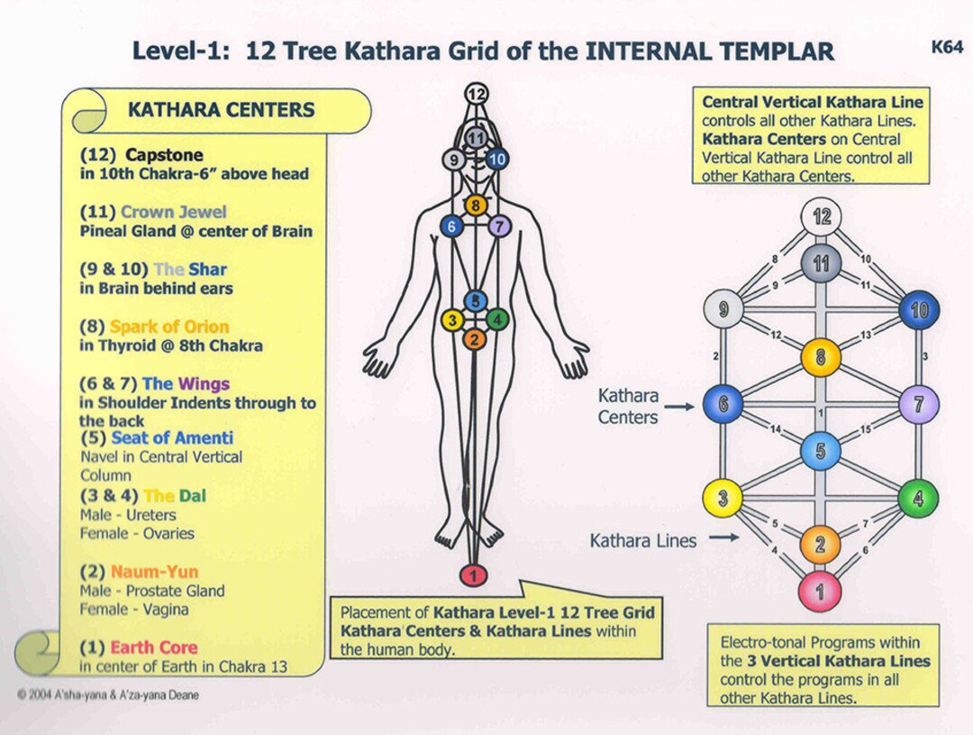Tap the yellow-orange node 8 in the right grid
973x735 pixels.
coord(821,357)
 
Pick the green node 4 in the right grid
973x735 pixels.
coord(918,499)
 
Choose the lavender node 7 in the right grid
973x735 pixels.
coord(918,404)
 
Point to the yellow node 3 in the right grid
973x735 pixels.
coord(723,499)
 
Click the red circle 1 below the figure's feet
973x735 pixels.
coord(474,574)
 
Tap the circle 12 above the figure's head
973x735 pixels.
coord(477,92)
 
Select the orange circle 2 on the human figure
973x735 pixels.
coord(474,339)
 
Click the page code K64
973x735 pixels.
coord(947,47)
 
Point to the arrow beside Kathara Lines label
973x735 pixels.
coord(723,540)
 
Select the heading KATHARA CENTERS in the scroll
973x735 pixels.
coord(221,110)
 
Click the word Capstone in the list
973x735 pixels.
coord(164,155)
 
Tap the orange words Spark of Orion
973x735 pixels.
coord(169,326)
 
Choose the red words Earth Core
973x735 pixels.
coord(153,648)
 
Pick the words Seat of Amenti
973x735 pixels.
coord(172,438)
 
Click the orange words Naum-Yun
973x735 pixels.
coord(154,572)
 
